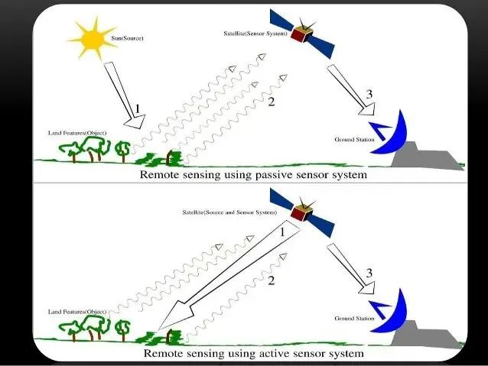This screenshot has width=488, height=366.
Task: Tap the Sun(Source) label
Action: (x=127, y=38)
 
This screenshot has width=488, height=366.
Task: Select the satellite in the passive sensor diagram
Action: (x=302, y=34)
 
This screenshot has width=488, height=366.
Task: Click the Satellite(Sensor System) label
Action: (x=255, y=34)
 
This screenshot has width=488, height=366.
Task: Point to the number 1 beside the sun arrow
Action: (x=137, y=109)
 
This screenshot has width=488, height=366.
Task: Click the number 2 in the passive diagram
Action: (x=272, y=102)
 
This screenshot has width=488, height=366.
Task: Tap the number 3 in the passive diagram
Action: (x=369, y=94)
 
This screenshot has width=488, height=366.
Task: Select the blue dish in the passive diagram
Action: (x=389, y=133)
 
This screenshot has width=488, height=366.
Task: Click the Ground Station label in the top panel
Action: (x=354, y=139)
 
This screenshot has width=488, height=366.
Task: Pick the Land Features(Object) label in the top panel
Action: (x=77, y=133)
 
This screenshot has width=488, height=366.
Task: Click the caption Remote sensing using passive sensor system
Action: (x=253, y=174)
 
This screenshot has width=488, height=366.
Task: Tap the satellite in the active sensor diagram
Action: (x=302, y=212)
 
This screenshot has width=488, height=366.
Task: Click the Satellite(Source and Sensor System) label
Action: (x=229, y=212)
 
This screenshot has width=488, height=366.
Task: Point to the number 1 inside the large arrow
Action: (x=282, y=232)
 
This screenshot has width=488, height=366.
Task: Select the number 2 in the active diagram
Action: (x=272, y=280)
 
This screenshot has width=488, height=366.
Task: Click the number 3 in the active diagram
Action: (x=369, y=273)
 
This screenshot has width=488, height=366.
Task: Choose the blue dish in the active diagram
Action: (x=389, y=312)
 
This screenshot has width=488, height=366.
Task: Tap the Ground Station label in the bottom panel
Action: (x=354, y=318)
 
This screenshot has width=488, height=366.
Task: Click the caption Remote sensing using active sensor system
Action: (x=254, y=353)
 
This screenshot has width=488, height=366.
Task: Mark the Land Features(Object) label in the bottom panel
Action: (x=77, y=312)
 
